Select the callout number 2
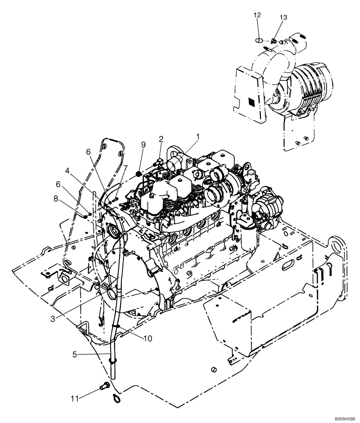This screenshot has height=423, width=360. coord(161,139)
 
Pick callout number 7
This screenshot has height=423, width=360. coord(125,168)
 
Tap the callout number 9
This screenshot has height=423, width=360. coord(143,145)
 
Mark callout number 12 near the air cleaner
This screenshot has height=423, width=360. coord(257,15)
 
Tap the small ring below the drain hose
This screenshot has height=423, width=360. coord(116,398)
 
